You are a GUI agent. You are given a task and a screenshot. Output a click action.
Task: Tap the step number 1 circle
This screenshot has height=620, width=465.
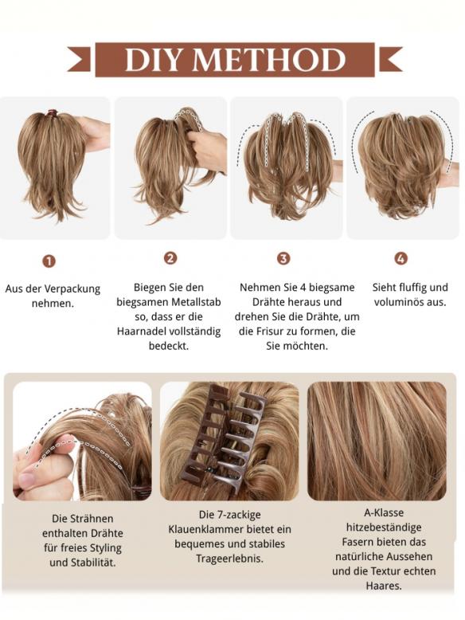49,261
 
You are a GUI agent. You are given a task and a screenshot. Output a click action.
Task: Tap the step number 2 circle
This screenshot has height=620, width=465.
170,258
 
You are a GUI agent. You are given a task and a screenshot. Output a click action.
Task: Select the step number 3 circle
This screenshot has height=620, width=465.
283,258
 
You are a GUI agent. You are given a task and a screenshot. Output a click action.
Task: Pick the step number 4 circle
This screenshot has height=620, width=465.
401,258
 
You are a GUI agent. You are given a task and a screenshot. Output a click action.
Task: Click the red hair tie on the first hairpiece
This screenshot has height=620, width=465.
52,113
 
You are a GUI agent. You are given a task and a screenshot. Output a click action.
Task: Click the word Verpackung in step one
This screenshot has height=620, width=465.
72,289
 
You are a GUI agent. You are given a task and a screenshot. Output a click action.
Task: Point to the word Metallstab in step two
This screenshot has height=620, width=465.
193,302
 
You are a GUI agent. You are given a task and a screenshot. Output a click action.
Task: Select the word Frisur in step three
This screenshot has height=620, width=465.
273,332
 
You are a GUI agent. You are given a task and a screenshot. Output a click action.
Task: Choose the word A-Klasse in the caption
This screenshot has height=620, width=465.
384,513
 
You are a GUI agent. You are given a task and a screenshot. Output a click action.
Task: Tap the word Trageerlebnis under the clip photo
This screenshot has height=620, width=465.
229,559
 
